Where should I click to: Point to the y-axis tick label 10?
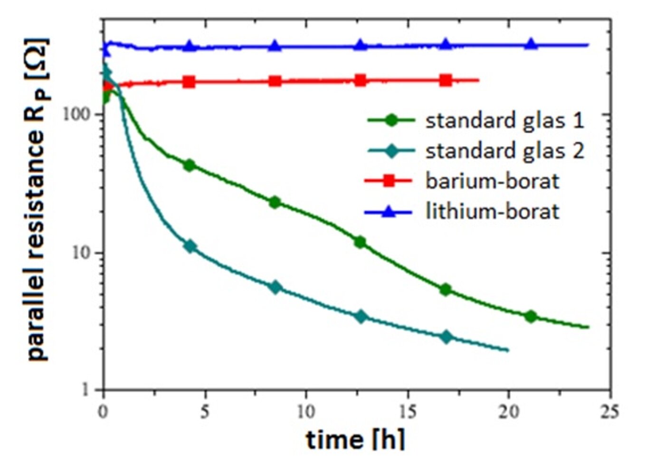coord(81,253)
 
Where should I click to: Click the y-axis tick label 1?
coord(85,390)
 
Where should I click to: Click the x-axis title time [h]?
coord(355,440)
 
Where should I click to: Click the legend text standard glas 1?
coord(504,121)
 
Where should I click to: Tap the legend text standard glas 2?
coord(504,151)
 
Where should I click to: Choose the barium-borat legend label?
coord(492,181)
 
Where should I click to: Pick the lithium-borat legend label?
coord(492,211)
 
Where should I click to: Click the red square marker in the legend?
coord(389,181)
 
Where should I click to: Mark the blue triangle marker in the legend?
coord(389,211)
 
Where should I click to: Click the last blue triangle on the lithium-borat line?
coord(532,44)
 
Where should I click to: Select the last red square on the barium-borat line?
coord(446,80)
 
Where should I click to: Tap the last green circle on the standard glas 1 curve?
coord(531,316)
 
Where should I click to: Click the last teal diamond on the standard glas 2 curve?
coord(446,337)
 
